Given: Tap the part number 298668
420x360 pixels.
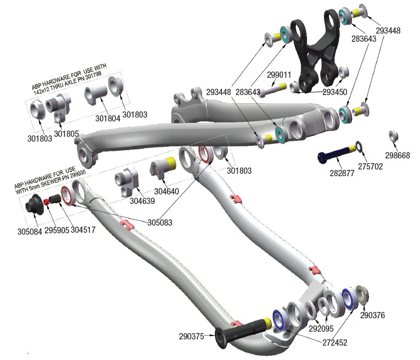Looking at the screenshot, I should click(397, 156).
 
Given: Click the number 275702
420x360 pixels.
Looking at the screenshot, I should click(371, 166).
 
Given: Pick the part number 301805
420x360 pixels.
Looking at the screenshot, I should click(66, 133).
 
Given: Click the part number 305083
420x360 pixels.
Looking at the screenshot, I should click(160, 223).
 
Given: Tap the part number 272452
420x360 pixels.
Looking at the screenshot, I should click(334, 343).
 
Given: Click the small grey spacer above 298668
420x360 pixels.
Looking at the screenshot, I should click(393, 136).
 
